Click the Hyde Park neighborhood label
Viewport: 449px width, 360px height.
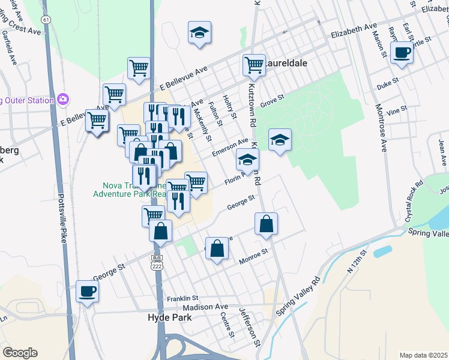pos(170,317)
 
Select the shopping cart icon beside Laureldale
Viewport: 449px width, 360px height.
pos(253,65)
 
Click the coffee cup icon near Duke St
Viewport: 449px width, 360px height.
pos(401,53)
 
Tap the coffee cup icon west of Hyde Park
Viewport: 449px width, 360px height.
pos(87,292)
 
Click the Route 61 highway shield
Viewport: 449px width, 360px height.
pos(46,20)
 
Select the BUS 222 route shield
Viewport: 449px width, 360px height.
pos(157,262)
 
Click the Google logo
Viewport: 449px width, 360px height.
pos(20,353)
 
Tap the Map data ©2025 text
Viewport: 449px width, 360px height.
pos(423,355)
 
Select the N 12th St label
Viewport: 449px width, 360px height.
pos(355,260)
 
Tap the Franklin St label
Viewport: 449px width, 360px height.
pos(182,298)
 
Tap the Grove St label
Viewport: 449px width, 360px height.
pos(272,97)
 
